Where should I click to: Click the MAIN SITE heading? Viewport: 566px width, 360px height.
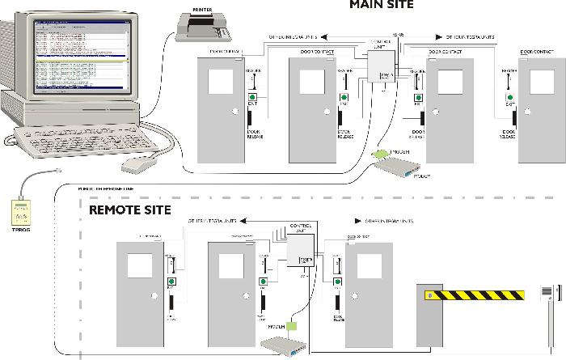(x=381, y=5)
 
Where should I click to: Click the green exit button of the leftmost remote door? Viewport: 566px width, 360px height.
(x=171, y=282)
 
